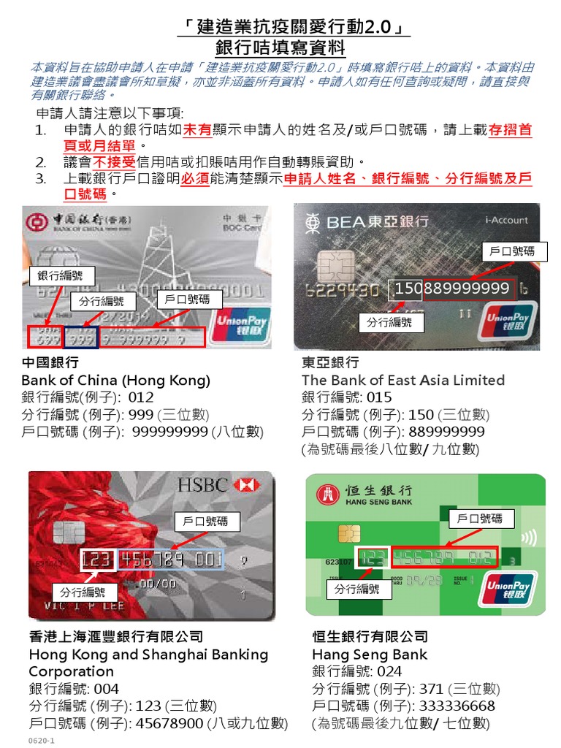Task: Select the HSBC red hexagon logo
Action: click(x=248, y=485)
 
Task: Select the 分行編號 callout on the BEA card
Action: click(x=389, y=322)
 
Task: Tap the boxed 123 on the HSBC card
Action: click(x=97, y=560)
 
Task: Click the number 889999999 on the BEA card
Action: click(x=467, y=289)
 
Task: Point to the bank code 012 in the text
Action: click(x=141, y=398)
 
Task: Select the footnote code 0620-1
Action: click(x=42, y=741)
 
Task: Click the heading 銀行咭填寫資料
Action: click(x=280, y=48)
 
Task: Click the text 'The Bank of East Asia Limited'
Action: click(x=402, y=380)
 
